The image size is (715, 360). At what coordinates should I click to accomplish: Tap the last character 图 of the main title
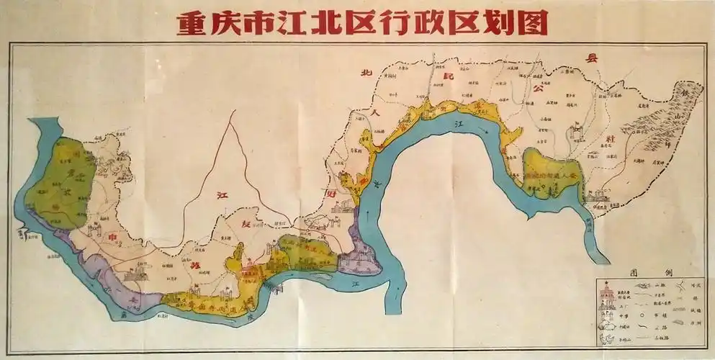(x=534, y=23)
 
